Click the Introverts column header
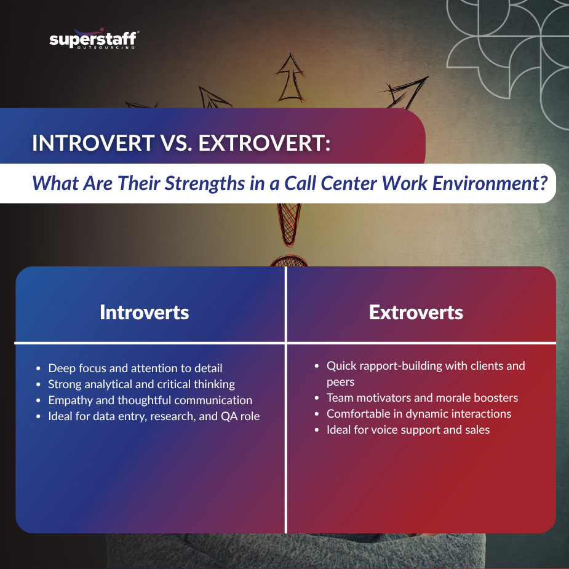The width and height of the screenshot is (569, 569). (x=144, y=312)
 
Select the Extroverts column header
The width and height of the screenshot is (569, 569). (x=416, y=312)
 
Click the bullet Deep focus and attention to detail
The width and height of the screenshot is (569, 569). (x=135, y=368)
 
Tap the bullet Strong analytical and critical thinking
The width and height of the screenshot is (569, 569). (x=141, y=384)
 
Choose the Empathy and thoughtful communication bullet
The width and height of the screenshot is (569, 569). (x=150, y=400)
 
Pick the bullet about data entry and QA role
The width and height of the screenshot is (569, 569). (x=154, y=416)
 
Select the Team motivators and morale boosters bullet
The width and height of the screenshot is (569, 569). (x=422, y=397)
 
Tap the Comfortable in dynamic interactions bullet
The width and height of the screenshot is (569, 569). (x=418, y=413)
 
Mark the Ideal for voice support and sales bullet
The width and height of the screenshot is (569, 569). (x=408, y=429)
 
